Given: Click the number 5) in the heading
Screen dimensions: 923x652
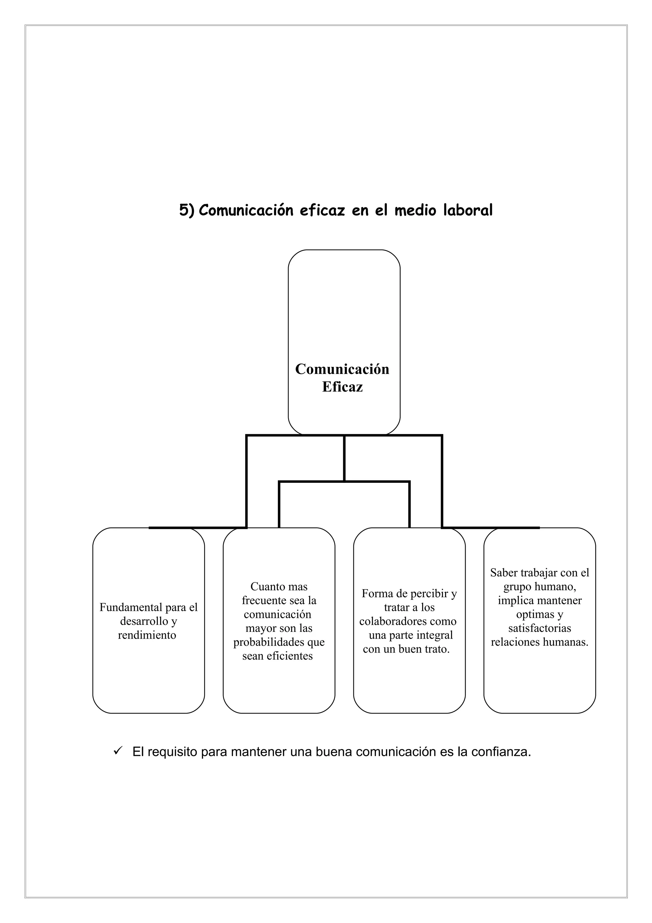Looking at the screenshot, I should (x=187, y=210).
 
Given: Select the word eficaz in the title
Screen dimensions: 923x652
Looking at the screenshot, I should (x=322, y=210).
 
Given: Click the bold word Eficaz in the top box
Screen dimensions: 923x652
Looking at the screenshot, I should (x=342, y=387).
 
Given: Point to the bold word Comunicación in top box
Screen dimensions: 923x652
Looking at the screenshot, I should (x=342, y=369).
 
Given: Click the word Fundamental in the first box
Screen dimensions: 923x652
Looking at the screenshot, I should (x=131, y=607).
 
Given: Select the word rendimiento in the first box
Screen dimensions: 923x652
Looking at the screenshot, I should (x=147, y=635).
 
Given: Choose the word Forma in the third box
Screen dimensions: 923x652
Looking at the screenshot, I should (x=376, y=593).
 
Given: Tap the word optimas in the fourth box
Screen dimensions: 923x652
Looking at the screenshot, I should (x=535, y=614).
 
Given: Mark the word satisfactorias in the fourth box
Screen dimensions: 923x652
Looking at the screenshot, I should (x=540, y=628).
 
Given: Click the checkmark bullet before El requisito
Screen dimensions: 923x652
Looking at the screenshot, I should (x=118, y=751).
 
